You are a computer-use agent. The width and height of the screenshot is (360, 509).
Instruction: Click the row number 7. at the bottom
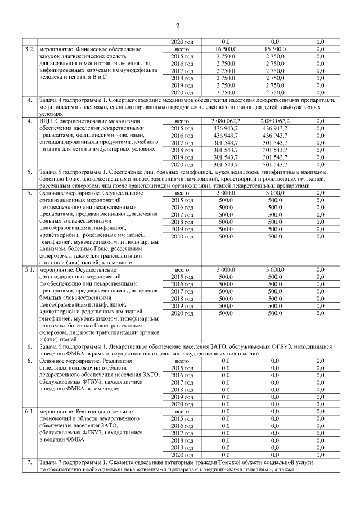tap(29, 462)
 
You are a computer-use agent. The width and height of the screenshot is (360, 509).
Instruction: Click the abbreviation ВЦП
tap(48, 121)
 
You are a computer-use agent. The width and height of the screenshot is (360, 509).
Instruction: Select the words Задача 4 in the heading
tap(53, 100)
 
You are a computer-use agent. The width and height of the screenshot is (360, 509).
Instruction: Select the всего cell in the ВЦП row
tap(182, 121)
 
